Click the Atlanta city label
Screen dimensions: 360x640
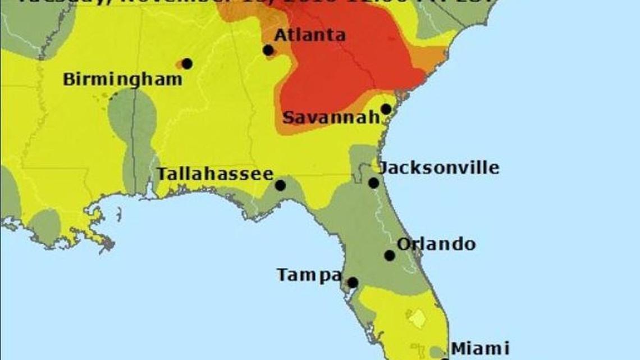pyautogui.click(x=309, y=35)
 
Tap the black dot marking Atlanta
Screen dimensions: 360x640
pyautogui.click(x=268, y=50)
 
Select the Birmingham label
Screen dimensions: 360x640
pyautogui.click(x=122, y=79)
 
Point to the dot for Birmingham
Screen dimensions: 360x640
pyautogui.click(x=187, y=63)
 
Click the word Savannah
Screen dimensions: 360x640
pyautogui.click(x=331, y=118)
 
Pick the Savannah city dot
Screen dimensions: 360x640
pyautogui.click(x=386, y=109)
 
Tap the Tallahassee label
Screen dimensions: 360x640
pyautogui.click(x=215, y=174)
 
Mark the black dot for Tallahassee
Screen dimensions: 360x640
pyautogui.click(x=280, y=185)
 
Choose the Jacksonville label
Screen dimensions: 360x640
pyautogui.click(x=438, y=167)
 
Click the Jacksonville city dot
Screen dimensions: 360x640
pyautogui.click(x=373, y=183)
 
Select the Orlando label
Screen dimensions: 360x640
pyautogui.click(x=436, y=244)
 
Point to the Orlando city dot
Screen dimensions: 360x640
pyautogui.click(x=389, y=256)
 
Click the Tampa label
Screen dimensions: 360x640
pyautogui.click(x=309, y=275)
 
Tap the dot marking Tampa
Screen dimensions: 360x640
pyautogui.click(x=352, y=282)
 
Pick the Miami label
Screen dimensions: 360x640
pyautogui.click(x=480, y=348)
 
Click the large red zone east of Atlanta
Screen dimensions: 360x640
pyautogui.click(x=342, y=62)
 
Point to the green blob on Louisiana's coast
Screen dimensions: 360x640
pyautogui.click(x=45, y=225)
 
